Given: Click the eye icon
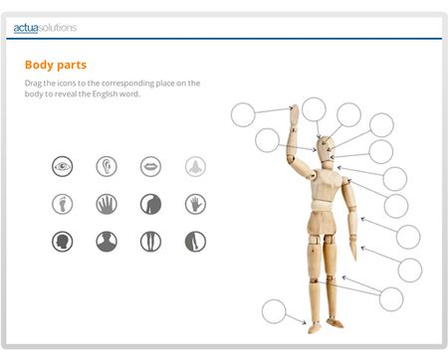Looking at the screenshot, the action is click(62, 166).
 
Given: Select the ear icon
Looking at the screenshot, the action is click(107, 166).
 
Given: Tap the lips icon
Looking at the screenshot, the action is click(150, 166).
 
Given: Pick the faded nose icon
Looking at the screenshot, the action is click(195, 166).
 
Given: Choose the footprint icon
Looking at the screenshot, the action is click(62, 204).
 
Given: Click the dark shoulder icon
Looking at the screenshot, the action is click(150, 204).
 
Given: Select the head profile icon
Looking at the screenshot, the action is click(62, 242).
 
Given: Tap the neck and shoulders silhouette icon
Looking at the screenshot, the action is click(107, 242).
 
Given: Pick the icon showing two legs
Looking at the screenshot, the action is click(150, 242).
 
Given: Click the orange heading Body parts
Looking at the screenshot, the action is click(56, 65).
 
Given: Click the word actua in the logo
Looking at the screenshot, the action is click(26, 28).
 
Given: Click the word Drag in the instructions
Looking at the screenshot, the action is click(33, 84).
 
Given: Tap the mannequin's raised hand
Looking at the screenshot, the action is click(295, 114).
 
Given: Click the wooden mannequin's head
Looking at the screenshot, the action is click(326, 148).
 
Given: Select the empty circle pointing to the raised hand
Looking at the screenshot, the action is click(243, 114).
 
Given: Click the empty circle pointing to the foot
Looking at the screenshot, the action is click(274, 311).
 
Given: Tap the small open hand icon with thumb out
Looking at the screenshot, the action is click(195, 204).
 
